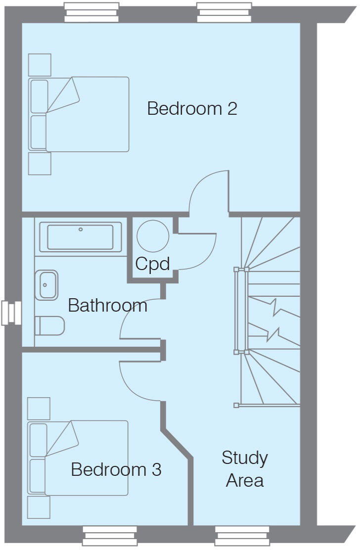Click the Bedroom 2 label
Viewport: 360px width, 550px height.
point(192,108)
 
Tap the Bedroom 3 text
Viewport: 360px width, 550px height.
point(116,469)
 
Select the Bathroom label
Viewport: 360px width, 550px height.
point(108,305)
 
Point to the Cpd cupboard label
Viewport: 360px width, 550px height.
point(152,264)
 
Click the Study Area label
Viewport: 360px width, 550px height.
point(245,469)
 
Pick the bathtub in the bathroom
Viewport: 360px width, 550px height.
point(81,237)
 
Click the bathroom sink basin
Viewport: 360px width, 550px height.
point(46,285)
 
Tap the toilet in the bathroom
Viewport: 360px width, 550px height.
point(50,326)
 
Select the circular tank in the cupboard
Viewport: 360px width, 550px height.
point(153,236)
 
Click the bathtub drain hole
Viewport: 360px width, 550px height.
point(81,229)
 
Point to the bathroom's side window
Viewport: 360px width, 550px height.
point(11,313)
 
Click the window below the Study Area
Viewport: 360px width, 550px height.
point(242,536)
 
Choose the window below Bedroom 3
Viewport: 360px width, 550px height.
point(110,536)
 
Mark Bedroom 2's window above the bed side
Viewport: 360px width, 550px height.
point(91,13)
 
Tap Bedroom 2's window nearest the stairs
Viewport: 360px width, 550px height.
point(224,13)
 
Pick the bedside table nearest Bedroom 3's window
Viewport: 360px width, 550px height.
point(39,507)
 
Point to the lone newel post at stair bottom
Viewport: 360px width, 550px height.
point(236,406)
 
